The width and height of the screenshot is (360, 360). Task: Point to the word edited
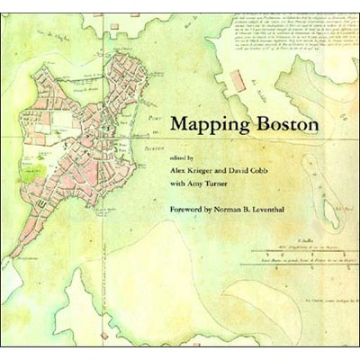(181, 155)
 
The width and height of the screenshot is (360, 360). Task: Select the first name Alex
(180, 169)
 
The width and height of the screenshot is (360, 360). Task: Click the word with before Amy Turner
(180, 184)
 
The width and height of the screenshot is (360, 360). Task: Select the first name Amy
(203, 184)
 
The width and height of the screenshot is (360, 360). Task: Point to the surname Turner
(230, 184)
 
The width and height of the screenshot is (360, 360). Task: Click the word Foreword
(192, 212)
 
